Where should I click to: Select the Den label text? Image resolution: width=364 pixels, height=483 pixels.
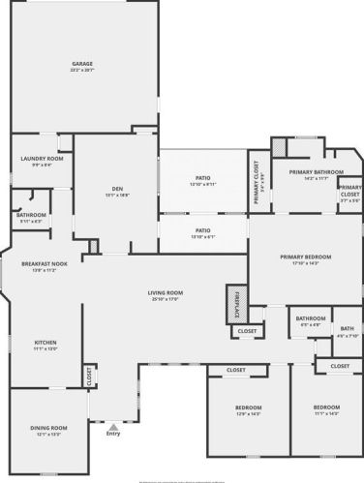116,190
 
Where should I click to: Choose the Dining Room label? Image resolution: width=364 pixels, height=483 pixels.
47,429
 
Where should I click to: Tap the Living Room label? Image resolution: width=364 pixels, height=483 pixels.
167,294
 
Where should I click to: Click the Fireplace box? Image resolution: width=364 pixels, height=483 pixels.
233,302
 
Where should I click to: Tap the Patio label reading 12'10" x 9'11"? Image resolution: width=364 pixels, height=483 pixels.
202,180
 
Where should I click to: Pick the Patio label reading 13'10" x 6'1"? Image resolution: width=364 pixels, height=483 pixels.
202,232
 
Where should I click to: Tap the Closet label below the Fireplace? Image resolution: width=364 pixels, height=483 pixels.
246,332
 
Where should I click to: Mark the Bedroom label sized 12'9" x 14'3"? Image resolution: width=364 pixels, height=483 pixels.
248,410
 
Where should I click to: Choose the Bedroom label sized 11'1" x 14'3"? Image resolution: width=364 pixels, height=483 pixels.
326,409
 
